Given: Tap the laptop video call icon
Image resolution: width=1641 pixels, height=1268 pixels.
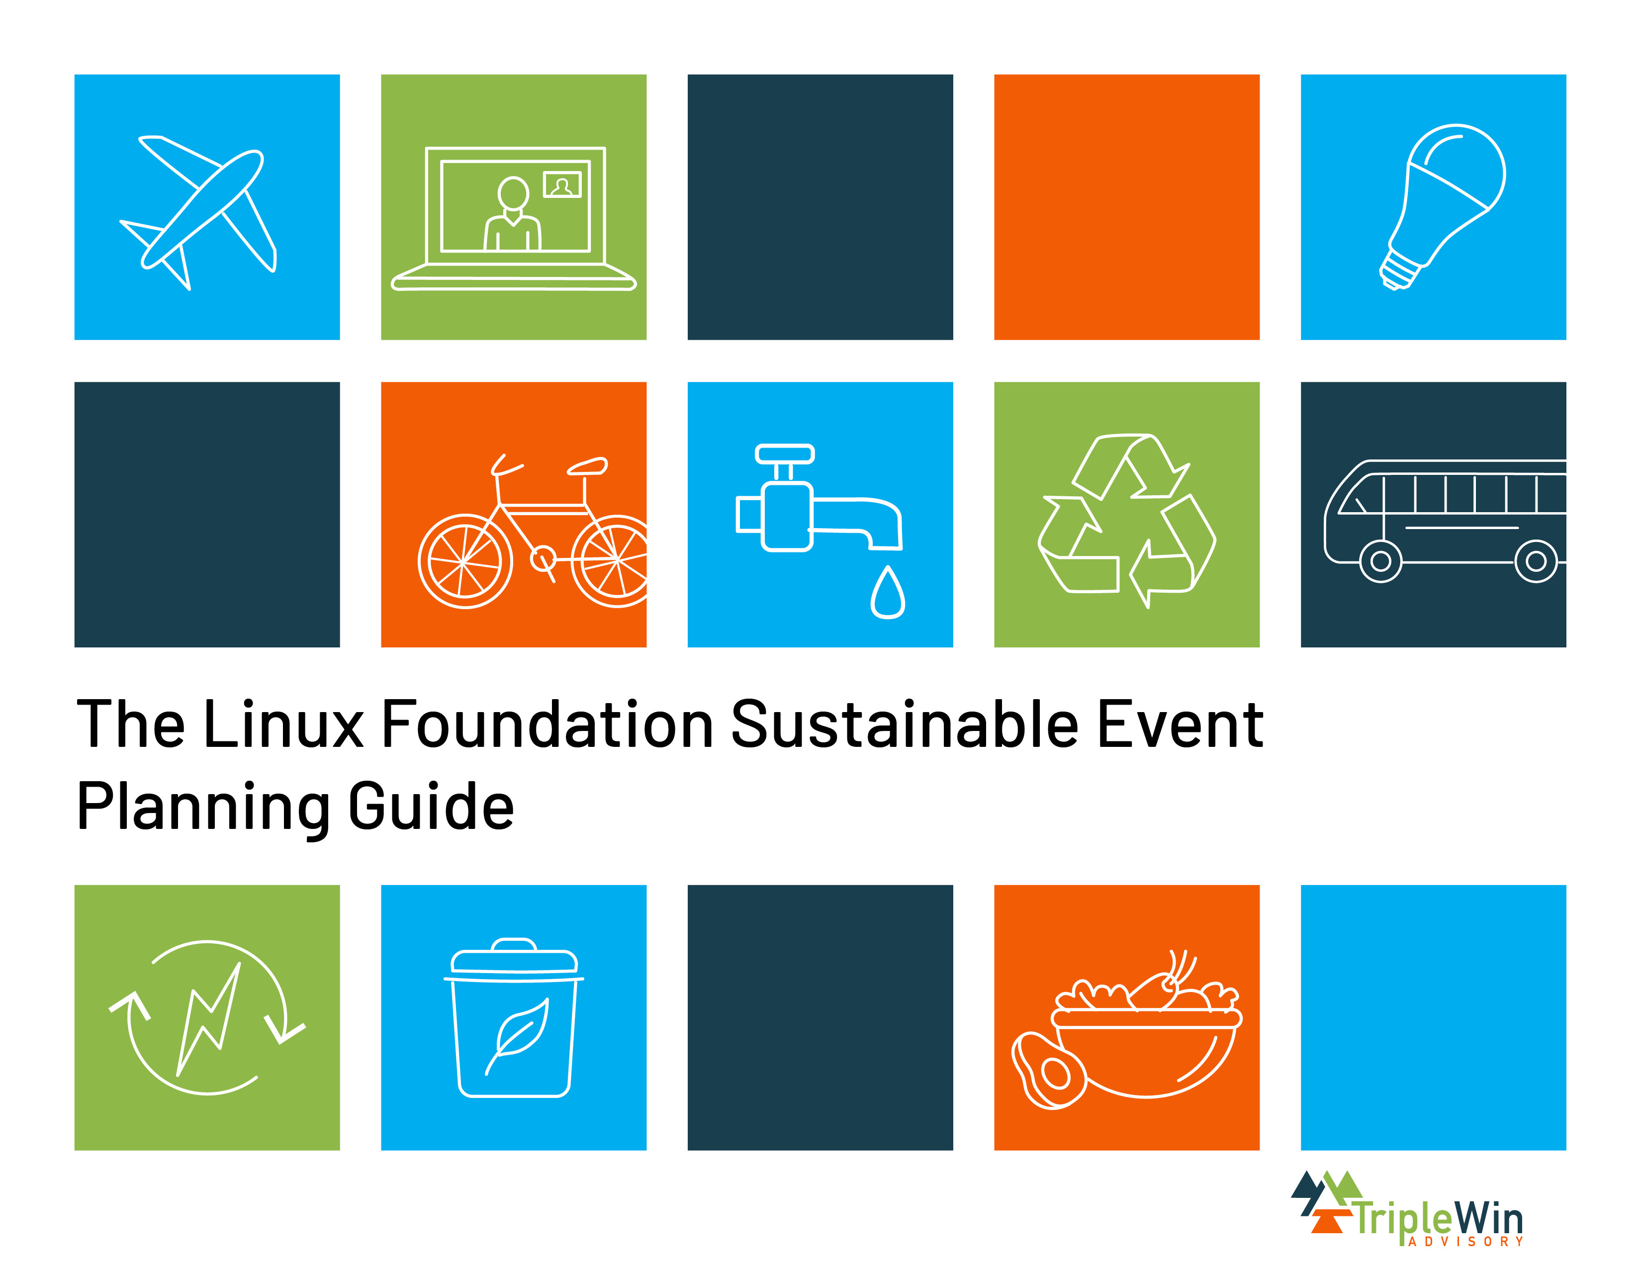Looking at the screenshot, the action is pos(514,218).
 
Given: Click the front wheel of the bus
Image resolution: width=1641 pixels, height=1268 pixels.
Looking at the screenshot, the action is pos(1380,561).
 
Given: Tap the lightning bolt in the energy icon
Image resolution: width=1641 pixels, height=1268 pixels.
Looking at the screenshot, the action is pos(209,1018).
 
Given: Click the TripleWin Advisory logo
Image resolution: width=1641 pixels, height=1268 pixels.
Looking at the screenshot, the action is pos(1407,1209).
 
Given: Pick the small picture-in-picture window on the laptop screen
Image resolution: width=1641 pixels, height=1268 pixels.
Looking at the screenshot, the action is pos(562,185).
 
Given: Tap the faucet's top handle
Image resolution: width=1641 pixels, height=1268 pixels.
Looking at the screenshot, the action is pos(784,453).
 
